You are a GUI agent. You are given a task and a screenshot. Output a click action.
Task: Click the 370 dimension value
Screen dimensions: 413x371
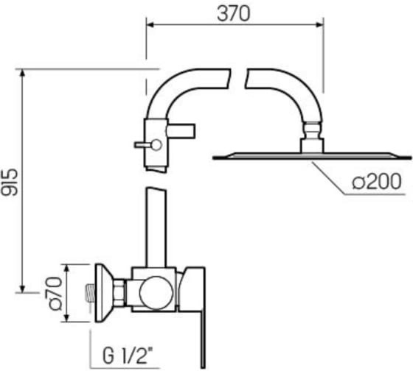(x=233, y=14)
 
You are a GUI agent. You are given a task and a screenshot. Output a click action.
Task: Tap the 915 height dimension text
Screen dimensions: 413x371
(x=10, y=183)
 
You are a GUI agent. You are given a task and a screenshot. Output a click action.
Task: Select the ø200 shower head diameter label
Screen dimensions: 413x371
(x=377, y=181)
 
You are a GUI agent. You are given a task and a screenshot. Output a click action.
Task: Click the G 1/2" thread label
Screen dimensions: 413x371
(x=128, y=355)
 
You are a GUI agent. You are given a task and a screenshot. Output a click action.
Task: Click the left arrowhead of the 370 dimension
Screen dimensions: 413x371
(x=150, y=25)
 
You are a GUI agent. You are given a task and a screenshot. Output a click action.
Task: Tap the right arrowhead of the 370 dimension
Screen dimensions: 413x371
(x=319, y=25)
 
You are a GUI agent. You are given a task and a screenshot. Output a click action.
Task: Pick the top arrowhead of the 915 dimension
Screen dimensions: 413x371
(x=23, y=73)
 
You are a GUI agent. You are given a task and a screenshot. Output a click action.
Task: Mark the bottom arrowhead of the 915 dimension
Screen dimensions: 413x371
(x=23, y=289)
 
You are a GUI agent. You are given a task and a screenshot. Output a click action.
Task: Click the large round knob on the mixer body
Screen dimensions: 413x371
(x=156, y=293)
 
